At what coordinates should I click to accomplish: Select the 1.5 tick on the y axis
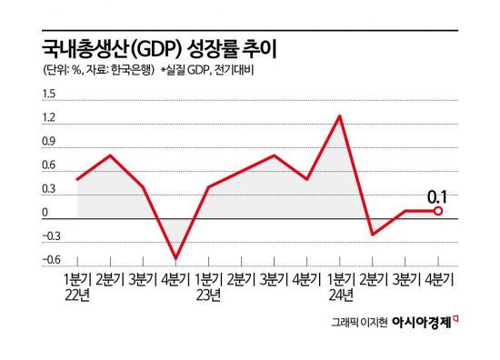point(48,95)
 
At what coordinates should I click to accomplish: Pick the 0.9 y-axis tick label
point(48,142)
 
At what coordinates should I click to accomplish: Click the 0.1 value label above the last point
point(437,195)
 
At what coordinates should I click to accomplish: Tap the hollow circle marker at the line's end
point(438,211)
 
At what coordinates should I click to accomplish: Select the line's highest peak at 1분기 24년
point(340,116)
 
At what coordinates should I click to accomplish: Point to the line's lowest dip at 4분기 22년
point(175,258)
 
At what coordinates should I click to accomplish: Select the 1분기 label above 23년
point(208,278)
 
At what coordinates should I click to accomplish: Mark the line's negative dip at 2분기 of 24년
point(372,235)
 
